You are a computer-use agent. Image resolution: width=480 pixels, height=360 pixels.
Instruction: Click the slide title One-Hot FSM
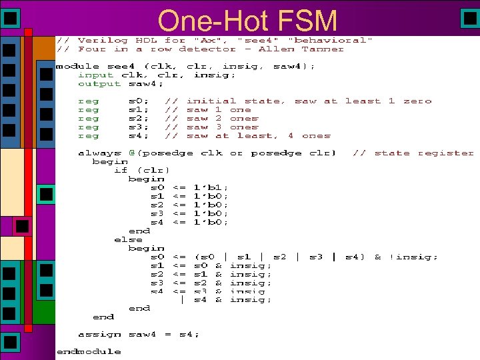click(248, 21)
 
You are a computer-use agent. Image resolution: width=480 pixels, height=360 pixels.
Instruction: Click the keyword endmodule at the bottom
click(89, 351)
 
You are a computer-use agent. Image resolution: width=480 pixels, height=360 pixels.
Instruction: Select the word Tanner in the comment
click(323, 49)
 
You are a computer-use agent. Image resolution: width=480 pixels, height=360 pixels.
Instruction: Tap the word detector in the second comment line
click(209, 49)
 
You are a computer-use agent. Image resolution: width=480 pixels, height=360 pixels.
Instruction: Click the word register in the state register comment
click(445, 153)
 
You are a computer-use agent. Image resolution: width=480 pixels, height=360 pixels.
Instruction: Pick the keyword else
click(128, 239)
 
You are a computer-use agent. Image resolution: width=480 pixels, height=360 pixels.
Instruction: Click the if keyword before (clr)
click(121, 170)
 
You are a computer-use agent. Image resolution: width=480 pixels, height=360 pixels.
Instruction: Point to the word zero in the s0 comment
click(417, 101)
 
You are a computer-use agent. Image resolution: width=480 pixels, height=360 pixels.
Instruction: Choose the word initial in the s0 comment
click(209, 101)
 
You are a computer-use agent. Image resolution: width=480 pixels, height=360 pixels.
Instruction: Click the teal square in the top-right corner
click(469, 18)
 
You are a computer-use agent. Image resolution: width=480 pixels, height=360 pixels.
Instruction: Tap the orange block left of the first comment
click(43, 47)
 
